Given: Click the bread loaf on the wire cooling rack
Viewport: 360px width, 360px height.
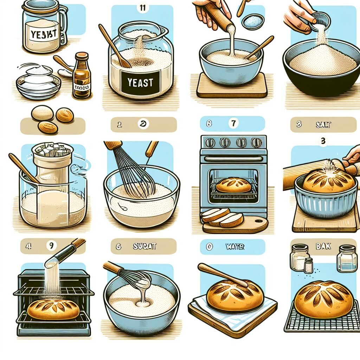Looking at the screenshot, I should point(323,299).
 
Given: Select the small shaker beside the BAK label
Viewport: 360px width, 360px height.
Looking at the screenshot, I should point(308,265).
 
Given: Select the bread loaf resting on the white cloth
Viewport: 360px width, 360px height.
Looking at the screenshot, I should point(235,295).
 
